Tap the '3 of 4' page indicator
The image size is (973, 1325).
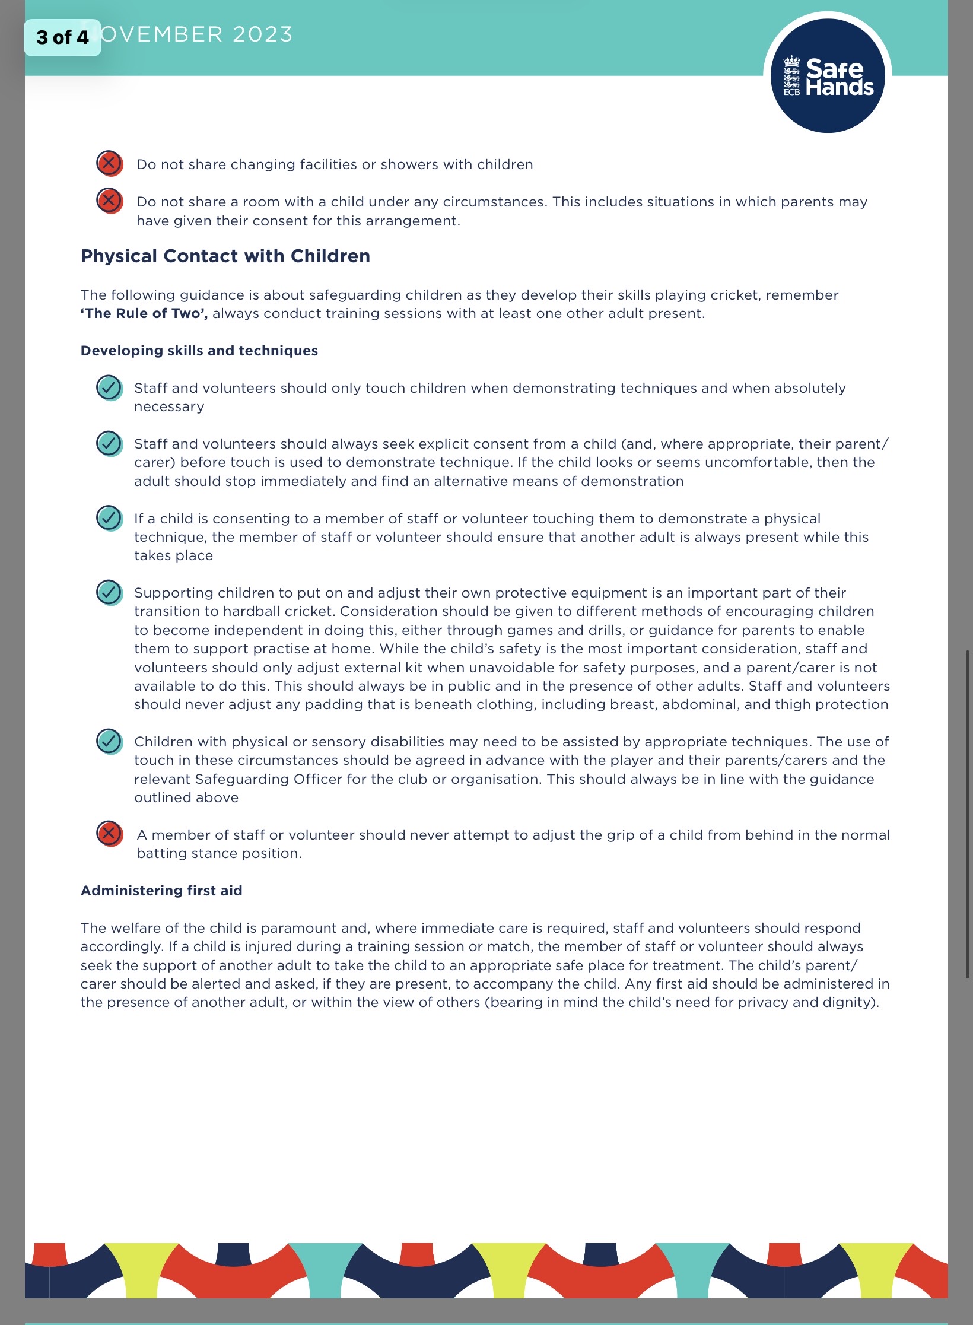62,37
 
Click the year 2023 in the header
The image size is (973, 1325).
263,34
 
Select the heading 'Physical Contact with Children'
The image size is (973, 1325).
225,256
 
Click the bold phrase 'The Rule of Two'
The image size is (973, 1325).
144,313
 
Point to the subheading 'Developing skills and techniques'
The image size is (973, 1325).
199,351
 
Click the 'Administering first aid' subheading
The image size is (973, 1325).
161,891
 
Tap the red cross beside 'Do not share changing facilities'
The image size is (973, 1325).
109,163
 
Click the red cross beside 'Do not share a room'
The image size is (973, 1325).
109,201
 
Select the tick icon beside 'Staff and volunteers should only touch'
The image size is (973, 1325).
109,387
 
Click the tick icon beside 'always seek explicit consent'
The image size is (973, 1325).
109,443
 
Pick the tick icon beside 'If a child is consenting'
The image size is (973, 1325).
109,518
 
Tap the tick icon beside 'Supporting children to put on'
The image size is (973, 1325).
109,592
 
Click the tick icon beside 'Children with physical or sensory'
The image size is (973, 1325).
109,741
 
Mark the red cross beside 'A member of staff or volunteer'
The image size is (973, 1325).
109,834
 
